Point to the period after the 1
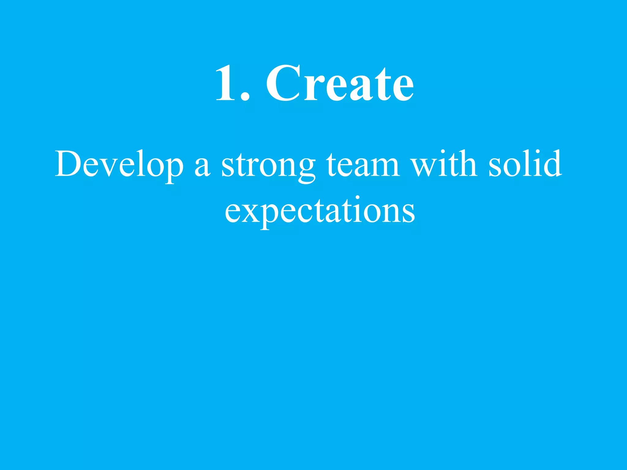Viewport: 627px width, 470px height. (245, 97)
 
